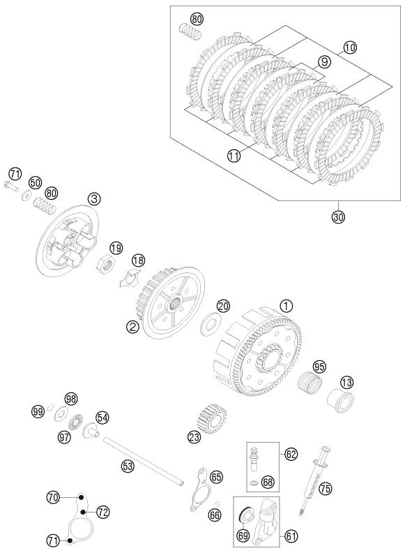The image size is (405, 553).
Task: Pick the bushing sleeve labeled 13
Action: coord(341,401)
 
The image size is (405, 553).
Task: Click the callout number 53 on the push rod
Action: coord(128,465)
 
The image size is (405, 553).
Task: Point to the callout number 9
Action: coord(322,62)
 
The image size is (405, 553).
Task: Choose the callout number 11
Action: coord(234,157)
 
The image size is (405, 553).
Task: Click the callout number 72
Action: coord(102,512)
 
